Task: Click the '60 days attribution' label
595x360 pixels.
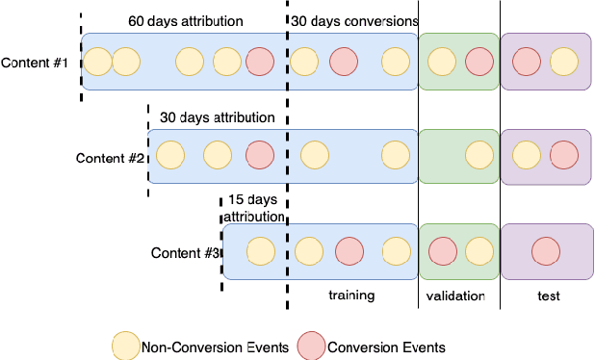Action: click(186, 20)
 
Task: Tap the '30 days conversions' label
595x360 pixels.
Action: click(354, 20)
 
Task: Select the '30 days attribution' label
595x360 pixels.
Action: click(217, 117)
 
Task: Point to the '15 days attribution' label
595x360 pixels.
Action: click(254, 208)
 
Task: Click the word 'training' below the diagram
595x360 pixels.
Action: click(350, 296)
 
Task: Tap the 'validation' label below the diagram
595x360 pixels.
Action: click(455, 296)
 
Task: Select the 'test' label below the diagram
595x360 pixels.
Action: click(548, 296)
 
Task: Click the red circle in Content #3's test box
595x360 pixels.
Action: click(546, 251)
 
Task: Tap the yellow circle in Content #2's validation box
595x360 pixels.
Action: click(479, 154)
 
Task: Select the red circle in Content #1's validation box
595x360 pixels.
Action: click(479, 63)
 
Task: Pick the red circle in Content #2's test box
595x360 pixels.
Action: click(564, 154)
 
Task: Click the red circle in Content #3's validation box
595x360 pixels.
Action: click(442, 251)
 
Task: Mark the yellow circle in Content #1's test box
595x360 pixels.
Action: click(564, 63)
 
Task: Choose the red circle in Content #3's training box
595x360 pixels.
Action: click(349, 251)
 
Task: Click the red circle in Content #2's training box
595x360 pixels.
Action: click(260, 154)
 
